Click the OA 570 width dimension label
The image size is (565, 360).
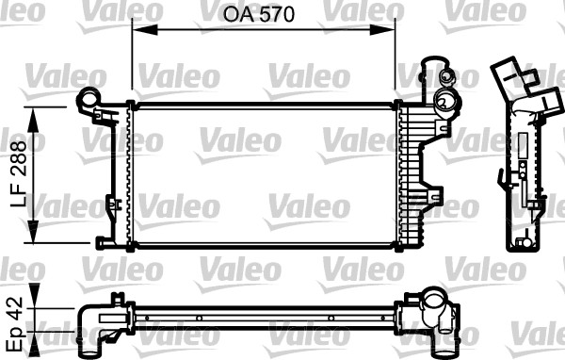[x=262, y=16]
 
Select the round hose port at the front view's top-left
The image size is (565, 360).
[x=87, y=97]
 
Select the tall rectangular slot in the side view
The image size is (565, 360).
[x=519, y=179]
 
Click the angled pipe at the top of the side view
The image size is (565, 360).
[x=513, y=80]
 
